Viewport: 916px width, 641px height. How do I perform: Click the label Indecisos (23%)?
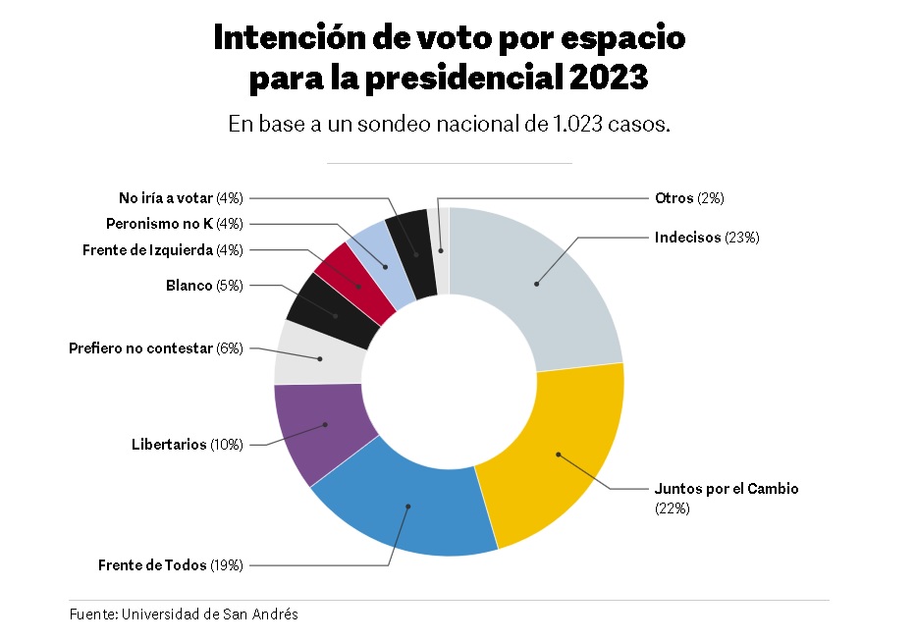[x=707, y=238]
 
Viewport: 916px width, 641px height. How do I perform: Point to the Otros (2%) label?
[x=689, y=198]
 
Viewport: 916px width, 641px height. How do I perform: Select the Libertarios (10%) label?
[x=188, y=445]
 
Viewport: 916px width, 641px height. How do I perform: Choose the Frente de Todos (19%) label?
[x=170, y=564]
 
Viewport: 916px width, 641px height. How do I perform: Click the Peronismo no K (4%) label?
[x=175, y=223]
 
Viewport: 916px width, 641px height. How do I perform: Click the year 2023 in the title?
[x=608, y=78]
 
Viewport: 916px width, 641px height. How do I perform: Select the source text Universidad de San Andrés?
[x=210, y=614]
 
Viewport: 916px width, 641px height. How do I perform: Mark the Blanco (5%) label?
[x=204, y=286]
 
